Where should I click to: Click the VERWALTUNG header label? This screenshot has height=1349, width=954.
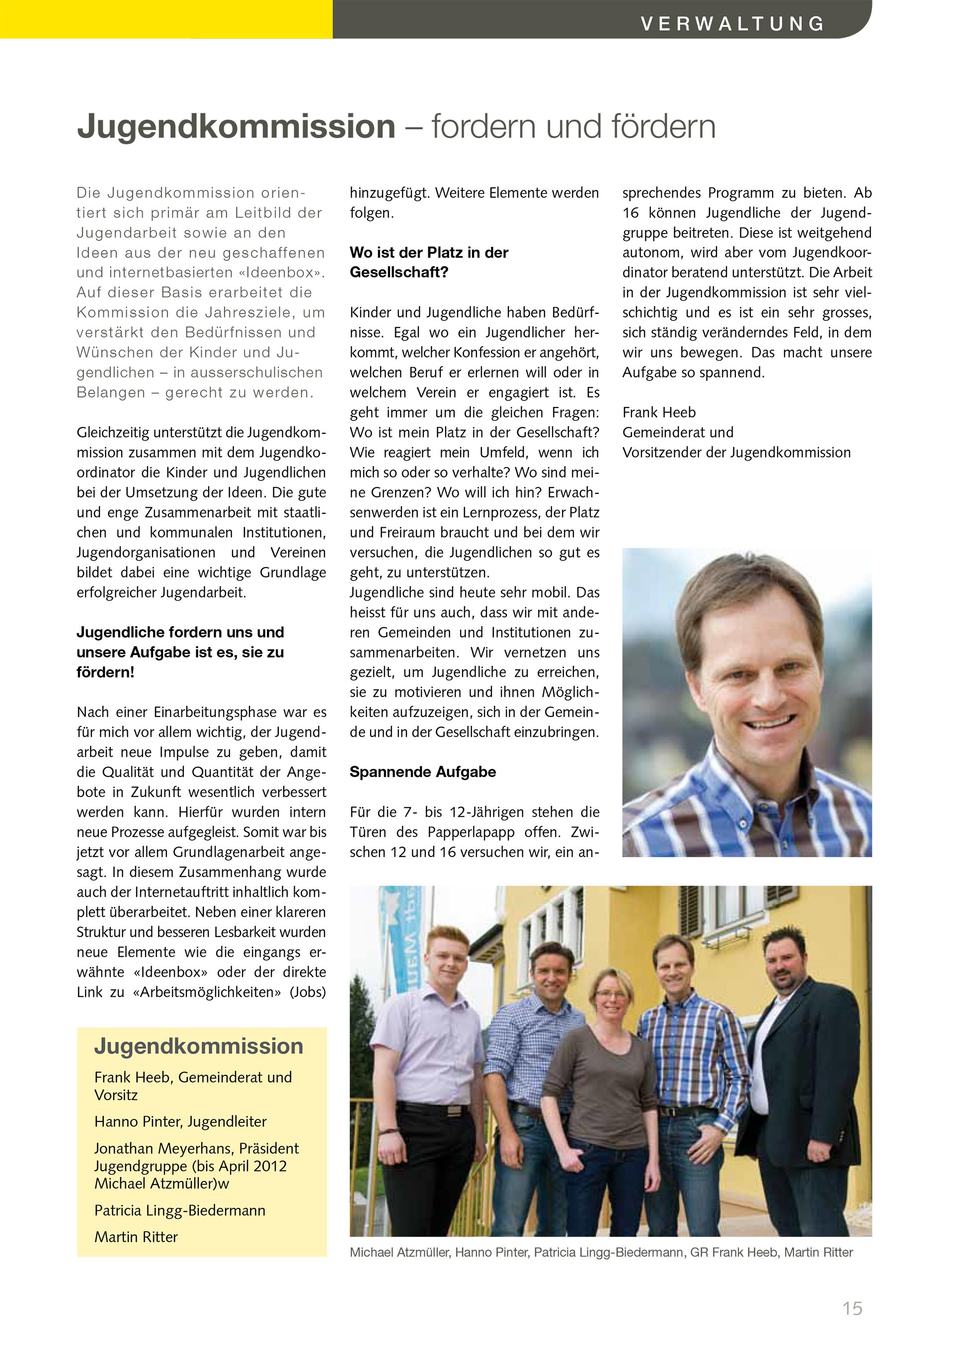pos(732,23)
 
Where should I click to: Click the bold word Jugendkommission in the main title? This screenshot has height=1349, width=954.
pos(236,126)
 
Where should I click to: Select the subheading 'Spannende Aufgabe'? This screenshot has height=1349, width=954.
pos(422,772)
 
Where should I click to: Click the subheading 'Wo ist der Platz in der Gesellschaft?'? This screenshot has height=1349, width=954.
pos(429,262)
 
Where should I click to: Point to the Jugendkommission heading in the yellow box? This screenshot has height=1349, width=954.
pos(199,1046)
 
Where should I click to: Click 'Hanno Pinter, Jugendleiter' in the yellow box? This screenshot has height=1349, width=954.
pos(180,1121)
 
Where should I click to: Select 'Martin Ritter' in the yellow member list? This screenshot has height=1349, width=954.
pos(136,1236)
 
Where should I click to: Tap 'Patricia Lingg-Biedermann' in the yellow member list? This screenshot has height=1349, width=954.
pos(180,1210)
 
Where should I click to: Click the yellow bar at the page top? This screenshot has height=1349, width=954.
pos(166,19)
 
